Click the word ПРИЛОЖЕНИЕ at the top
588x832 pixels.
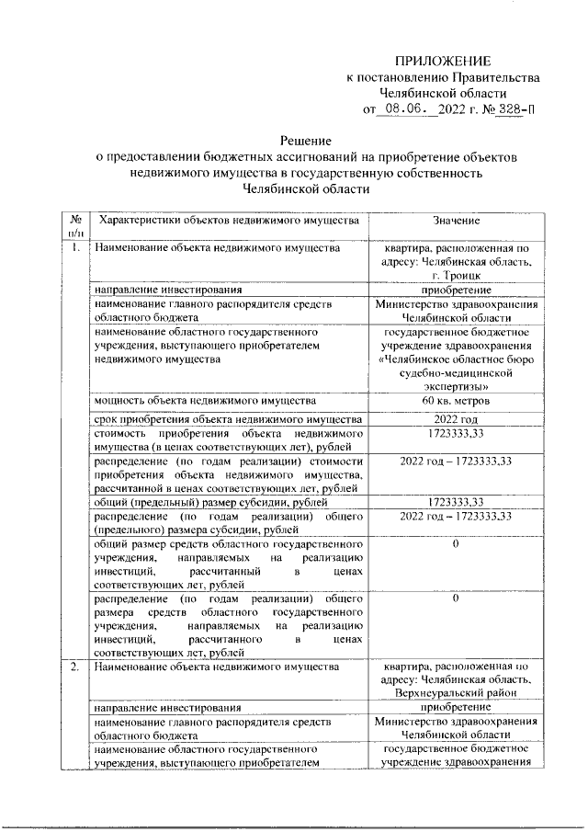(443, 59)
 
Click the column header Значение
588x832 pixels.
(457, 221)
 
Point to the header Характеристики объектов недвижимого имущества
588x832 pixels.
(227, 221)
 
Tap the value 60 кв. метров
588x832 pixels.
(457, 401)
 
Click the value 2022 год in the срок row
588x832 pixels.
(457, 420)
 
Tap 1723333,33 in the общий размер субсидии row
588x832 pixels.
(457, 502)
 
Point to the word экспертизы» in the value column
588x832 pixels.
(457, 388)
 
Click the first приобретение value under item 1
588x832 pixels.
(457, 288)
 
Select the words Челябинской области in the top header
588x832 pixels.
(443, 93)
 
